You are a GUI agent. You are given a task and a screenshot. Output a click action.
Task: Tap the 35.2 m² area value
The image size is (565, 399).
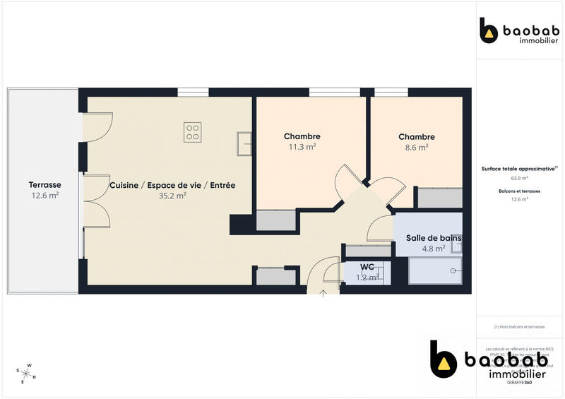click(x=172, y=196)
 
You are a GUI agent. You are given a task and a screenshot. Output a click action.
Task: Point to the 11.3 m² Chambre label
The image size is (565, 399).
click(x=302, y=136)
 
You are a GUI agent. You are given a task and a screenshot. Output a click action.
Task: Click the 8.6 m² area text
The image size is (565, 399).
click(x=417, y=148)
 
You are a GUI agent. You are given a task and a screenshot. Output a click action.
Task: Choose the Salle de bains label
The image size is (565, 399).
click(x=434, y=238)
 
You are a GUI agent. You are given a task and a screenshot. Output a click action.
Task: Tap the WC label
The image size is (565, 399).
click(x=367, y=266)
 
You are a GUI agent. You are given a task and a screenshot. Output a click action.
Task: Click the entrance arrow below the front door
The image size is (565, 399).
click(x=323, y=292)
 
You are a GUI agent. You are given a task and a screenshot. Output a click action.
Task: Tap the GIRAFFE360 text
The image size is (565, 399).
click(x=520, y=382)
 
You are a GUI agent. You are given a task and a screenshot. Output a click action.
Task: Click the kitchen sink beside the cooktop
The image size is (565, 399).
click(x=246, y=143)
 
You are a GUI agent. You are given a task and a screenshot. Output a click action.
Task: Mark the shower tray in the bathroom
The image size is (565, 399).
click(x=436, y=270)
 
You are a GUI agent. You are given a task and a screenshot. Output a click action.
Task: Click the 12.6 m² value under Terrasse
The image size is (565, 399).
click(x=44, y=196)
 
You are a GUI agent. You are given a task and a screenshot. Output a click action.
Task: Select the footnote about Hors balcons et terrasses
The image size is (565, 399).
click(x=520, y=327)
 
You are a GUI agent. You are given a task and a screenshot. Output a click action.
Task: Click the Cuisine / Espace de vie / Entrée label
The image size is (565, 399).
click(x=172, y=185)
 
